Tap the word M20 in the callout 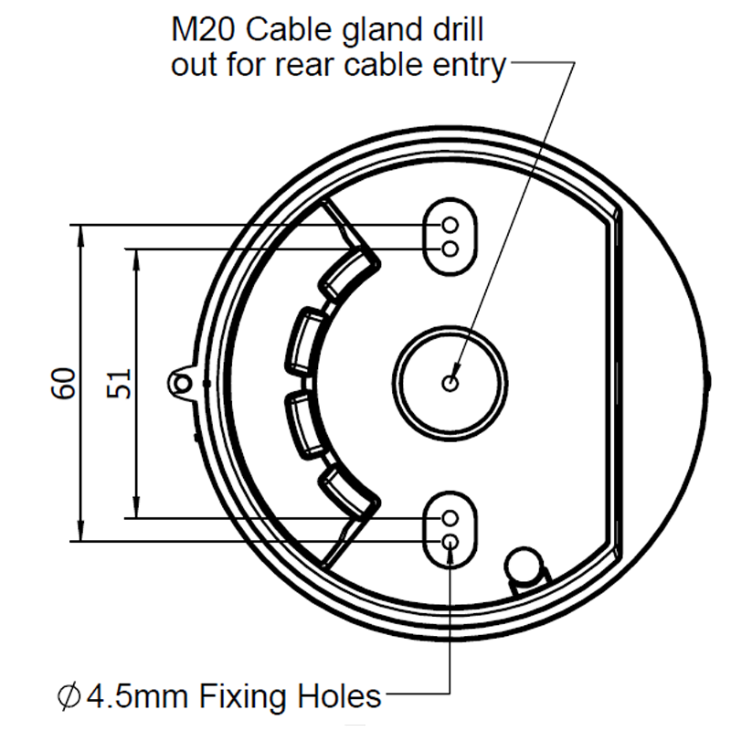203,31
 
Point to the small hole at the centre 450,383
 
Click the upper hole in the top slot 450,226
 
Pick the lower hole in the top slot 450,249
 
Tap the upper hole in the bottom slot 450,518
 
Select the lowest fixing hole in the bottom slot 450,541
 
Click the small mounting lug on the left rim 183,381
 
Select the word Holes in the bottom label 342,698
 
